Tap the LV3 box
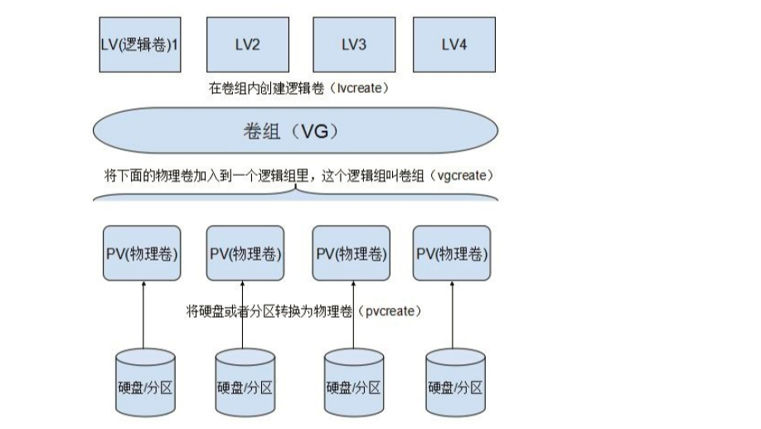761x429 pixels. click(352, 45)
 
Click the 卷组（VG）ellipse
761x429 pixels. click(296, 132)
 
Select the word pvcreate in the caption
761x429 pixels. click(390, 311)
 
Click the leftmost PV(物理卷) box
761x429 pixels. click(142, 253)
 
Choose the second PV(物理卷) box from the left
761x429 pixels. click(245, 253)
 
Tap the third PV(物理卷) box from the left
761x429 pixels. click(352, 253)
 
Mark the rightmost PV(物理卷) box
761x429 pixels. click(452, 253)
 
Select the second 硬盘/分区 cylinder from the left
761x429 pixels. click(245, 383)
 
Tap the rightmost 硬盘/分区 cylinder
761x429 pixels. click(455, 383)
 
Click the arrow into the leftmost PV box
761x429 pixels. click(143, 315)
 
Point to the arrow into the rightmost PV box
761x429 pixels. click(453, 315)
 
